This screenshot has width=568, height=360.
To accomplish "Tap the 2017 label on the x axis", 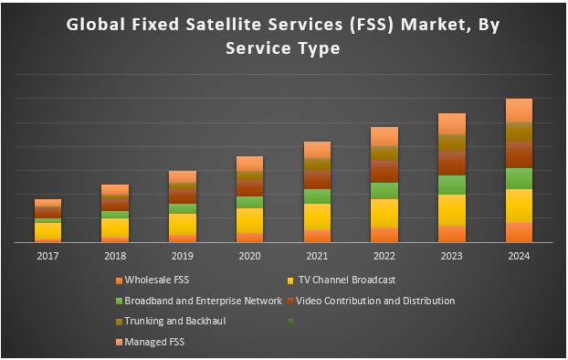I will pos(47,257).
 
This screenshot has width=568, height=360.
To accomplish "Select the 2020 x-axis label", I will pos(249,257).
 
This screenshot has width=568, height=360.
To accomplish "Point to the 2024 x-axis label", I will pos(519,257).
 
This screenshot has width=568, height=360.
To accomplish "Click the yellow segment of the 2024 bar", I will pos(519,206).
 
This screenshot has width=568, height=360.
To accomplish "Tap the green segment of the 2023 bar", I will pos(452,185).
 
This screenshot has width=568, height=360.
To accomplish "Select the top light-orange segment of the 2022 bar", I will pos(384,136).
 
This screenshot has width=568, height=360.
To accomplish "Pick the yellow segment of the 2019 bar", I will pos(182,224).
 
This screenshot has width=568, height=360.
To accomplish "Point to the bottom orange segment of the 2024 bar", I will pos(519,232).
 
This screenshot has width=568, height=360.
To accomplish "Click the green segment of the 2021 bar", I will pos(317,196).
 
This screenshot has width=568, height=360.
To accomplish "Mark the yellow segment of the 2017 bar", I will pos(47,231).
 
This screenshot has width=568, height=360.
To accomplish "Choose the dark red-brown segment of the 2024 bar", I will pos(519,154).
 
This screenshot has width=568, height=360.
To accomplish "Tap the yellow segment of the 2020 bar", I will pos(249,220).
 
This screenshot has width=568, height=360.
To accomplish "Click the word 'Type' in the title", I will pos(314,48).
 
